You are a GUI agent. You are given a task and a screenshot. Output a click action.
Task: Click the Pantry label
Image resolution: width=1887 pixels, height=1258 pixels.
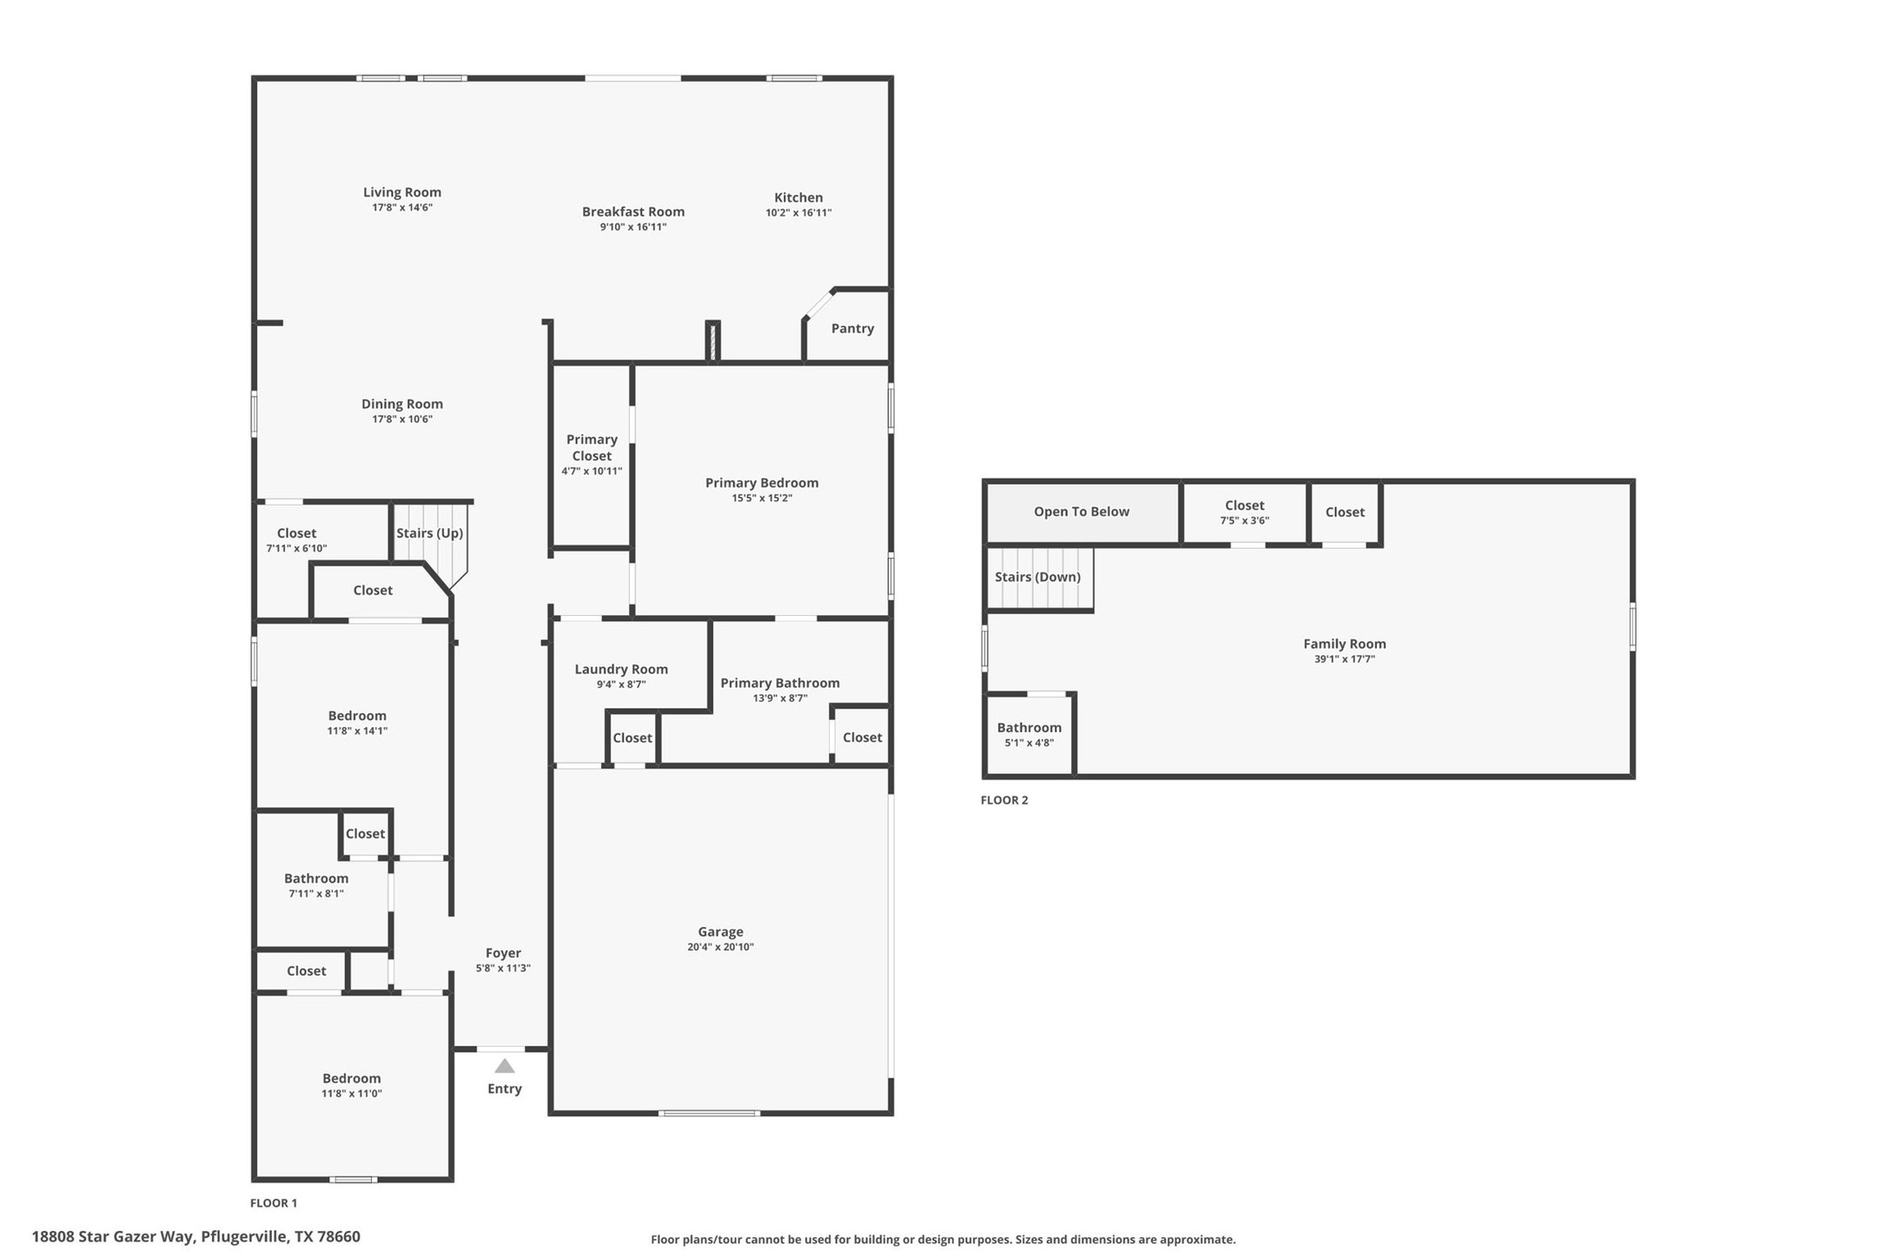click(852, 328)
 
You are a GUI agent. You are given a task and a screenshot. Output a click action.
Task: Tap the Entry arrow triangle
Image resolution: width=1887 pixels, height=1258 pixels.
click(505, 1067)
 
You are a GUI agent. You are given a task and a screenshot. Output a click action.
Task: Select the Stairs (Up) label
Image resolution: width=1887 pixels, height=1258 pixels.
click(429, 533)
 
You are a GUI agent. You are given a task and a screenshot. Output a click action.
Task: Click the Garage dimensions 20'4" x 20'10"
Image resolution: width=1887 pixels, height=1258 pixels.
click(720, 947)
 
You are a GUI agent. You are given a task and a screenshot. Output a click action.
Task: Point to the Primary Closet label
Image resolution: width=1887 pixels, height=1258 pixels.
click(592, 447)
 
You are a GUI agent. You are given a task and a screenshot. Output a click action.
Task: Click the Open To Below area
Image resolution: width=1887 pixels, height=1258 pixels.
click(1082, 512)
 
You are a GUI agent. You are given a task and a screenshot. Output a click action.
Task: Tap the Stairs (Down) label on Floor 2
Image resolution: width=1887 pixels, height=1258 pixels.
click(1037, 577)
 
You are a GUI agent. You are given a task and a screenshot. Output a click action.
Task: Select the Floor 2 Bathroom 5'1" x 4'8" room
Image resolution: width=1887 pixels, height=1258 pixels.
click(1030, 735)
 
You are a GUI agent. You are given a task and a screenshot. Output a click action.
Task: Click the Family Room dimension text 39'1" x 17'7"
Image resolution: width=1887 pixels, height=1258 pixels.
click(1344, 659)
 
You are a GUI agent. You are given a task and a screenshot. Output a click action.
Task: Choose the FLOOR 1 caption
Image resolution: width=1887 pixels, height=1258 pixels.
click(274, 1203)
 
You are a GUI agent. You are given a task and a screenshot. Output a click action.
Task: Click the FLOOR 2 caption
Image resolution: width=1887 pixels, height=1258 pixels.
click(1004, 800)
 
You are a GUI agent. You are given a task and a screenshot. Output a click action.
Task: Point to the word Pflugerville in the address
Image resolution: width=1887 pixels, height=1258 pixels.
click(244, 1236)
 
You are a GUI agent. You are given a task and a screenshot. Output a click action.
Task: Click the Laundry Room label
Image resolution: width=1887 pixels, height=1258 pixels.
click(621, 669)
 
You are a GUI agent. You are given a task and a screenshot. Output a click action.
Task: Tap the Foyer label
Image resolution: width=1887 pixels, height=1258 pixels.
click(503, 953)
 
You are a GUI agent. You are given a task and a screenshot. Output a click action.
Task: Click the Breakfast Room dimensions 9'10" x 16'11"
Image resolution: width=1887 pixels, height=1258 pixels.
click(633, 227)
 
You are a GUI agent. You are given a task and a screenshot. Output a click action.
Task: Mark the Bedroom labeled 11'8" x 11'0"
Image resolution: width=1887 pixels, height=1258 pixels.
click(352, 1085)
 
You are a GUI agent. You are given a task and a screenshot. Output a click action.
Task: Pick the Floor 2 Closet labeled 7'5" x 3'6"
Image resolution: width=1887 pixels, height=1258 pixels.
click(1244, 513)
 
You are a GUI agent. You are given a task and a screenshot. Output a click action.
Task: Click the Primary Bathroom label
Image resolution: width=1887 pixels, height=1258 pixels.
click(779, 683)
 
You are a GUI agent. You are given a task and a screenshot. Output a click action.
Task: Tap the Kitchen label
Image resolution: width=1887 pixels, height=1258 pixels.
click(798, 197)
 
